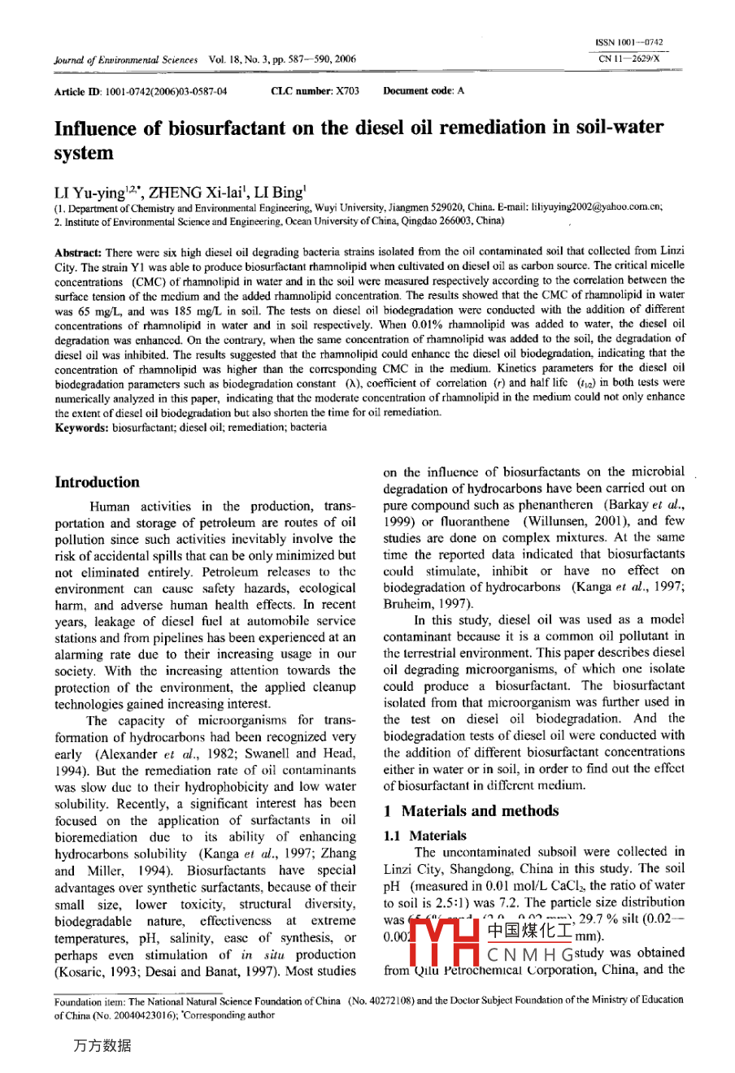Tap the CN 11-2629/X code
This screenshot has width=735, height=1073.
click(x=629, y=59)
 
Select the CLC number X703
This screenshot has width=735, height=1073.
click(x=314, y=91)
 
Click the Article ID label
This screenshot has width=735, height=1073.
click(x=78, y=91)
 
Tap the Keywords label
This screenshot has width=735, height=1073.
click(x=81, y=426)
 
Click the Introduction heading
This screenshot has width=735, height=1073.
click(x=97, y=482)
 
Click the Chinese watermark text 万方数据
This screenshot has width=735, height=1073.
click(x=101, y=1045)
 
